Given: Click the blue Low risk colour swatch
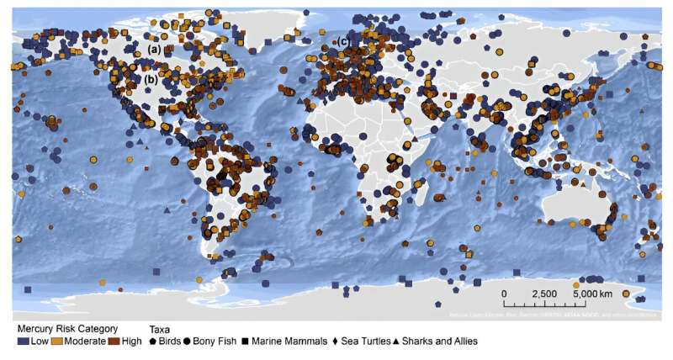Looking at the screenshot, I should (x=23, y=341).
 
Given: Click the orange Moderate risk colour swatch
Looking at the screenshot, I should (x=56, y=341).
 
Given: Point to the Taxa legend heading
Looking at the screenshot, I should (x=161, y=329).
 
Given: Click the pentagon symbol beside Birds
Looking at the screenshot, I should (x=153, y=341).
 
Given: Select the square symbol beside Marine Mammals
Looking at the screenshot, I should (x=244, y=341).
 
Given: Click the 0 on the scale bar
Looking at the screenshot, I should (x=505, y=294).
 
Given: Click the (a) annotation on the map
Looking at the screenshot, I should (x=154, y=50).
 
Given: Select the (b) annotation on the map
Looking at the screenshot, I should (x=151, y=80).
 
